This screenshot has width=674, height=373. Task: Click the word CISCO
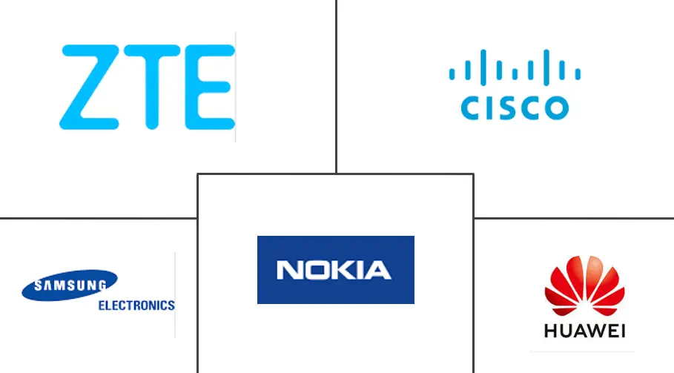tap(514, 108)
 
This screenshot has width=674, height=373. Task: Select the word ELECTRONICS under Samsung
tap(136, 305)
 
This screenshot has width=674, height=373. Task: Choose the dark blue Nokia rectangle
tap(335, 269)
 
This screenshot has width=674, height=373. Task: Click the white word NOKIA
tap(334, 270)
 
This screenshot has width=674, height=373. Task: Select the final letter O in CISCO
tap(557, 108)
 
